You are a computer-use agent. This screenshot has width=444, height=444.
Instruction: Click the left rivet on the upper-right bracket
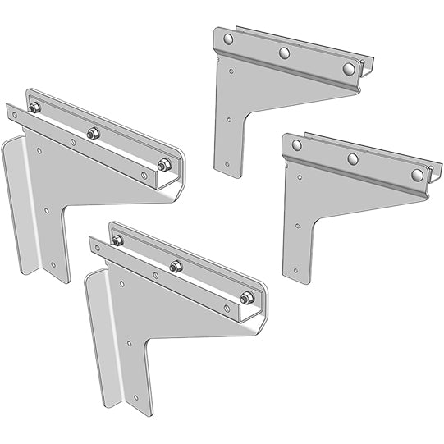coord(228,39)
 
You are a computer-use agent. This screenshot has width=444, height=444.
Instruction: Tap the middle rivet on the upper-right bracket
coord(285,53)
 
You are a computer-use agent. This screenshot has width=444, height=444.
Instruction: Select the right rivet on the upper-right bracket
coord(349,68)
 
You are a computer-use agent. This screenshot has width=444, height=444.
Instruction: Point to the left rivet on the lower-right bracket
coord(296,145)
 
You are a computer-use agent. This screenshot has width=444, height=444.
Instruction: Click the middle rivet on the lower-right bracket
coord(353,159)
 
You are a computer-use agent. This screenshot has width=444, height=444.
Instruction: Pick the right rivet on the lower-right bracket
coord(418,174)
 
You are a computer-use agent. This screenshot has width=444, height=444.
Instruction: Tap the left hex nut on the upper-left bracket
coord(34,108)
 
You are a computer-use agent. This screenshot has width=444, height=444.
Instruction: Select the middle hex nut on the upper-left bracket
coord(93,133)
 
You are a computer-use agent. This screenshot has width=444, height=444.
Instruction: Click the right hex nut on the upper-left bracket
coord(164,165)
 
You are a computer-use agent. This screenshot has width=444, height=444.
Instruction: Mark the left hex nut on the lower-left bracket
coord(117,240)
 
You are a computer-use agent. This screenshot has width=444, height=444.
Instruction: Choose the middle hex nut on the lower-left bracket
coord(176,266)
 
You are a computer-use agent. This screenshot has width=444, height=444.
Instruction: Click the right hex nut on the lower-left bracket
coord(247,298)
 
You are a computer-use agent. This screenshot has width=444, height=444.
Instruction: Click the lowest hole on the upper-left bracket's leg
coord(53,264)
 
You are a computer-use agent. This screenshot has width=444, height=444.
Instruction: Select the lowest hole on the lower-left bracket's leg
coord(136,397)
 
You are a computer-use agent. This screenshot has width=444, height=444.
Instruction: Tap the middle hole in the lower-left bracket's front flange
coord(156,275)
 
